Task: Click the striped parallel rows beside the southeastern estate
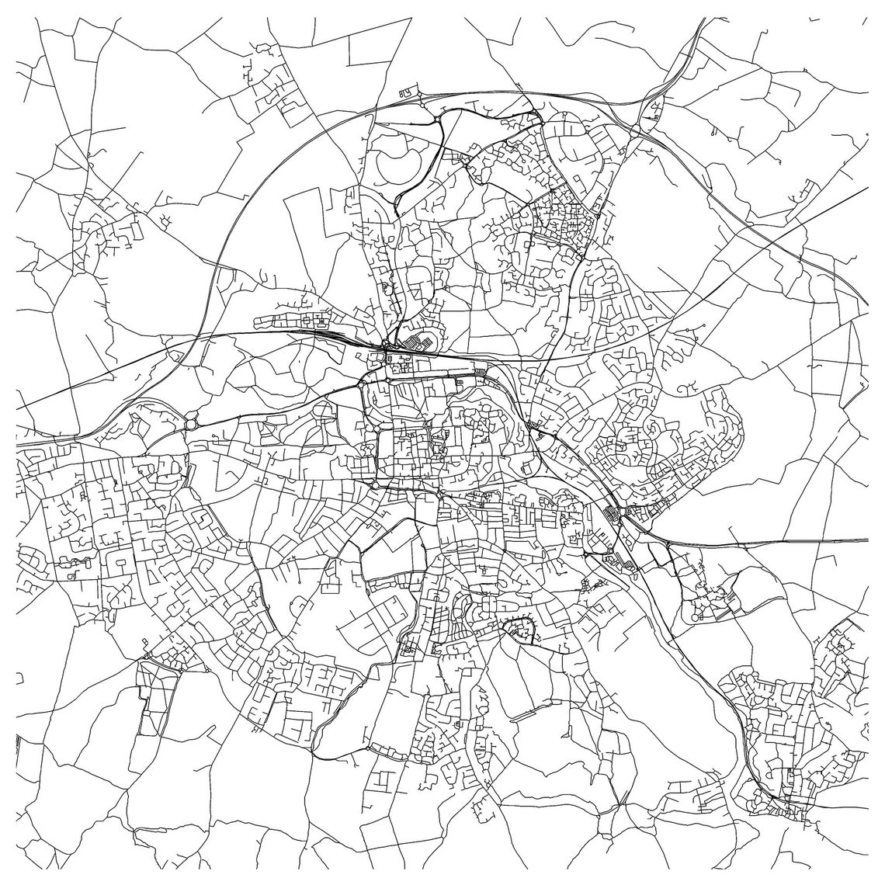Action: [x=725, y=610]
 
